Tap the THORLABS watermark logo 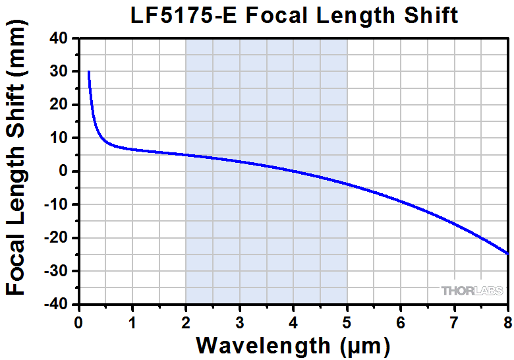[x=472, y=290]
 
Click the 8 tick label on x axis [x=507, y=322]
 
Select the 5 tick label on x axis [x=347, y=322]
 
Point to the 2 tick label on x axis [x=186, y=322]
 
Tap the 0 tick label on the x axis [x=78, y=322]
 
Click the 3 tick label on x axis [x=239, y=322]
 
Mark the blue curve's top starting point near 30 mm [x=88, y=71]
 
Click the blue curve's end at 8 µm [x=507, y=254]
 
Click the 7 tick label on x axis [x=454, y=322]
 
